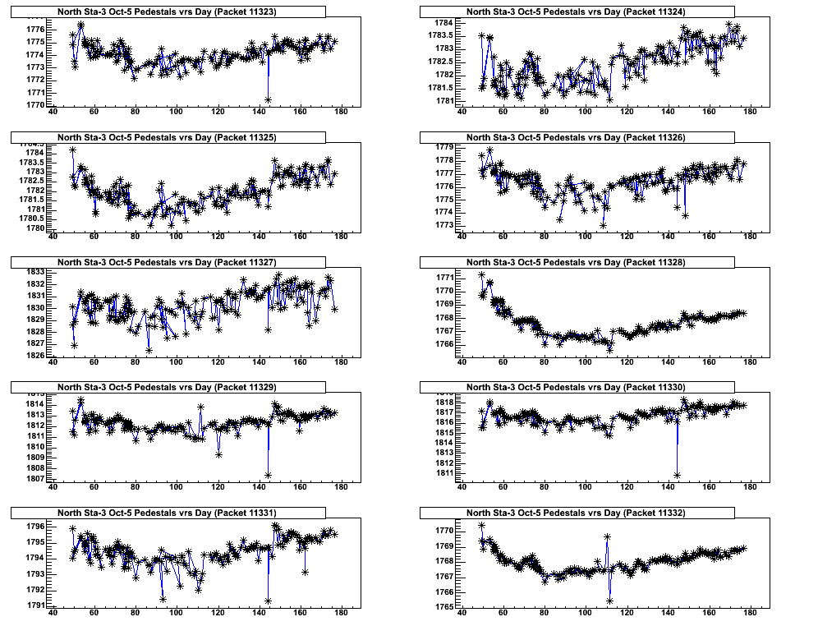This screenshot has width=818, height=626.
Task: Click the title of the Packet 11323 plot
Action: pyautogui.click(x=168, y=12)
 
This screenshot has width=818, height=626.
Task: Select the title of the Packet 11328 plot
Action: pyautogui.click(x=576, y=262)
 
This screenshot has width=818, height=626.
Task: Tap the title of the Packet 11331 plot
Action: pyautogui.click(x=168, y=513)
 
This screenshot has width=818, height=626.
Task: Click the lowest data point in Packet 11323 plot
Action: pyautogui.click(x=269, y=99)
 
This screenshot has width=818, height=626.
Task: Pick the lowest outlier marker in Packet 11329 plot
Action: pyautogui.click(x=269, y=475)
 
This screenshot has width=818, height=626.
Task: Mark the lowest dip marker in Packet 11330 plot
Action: pyautogui.click(x=678, y=475)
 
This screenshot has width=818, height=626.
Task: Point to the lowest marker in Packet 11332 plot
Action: pyautogui.click(x=610, y=601)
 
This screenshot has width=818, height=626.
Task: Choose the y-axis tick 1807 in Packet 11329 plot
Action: pyautogui.click(x=35, y=478)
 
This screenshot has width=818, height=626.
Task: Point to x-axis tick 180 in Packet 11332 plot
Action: pyautogui.click(x=750, y=612)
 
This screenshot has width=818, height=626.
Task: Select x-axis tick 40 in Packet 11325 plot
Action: pyautogui.click(x=53, y=237)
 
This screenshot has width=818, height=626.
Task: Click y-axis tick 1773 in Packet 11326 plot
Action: pyautogui.click(x=444, y=225)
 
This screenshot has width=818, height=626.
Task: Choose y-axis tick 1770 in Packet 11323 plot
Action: pyautogui.click(x=35, y=105)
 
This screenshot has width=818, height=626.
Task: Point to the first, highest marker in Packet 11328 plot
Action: pyautogui.click(x=481, y=275)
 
